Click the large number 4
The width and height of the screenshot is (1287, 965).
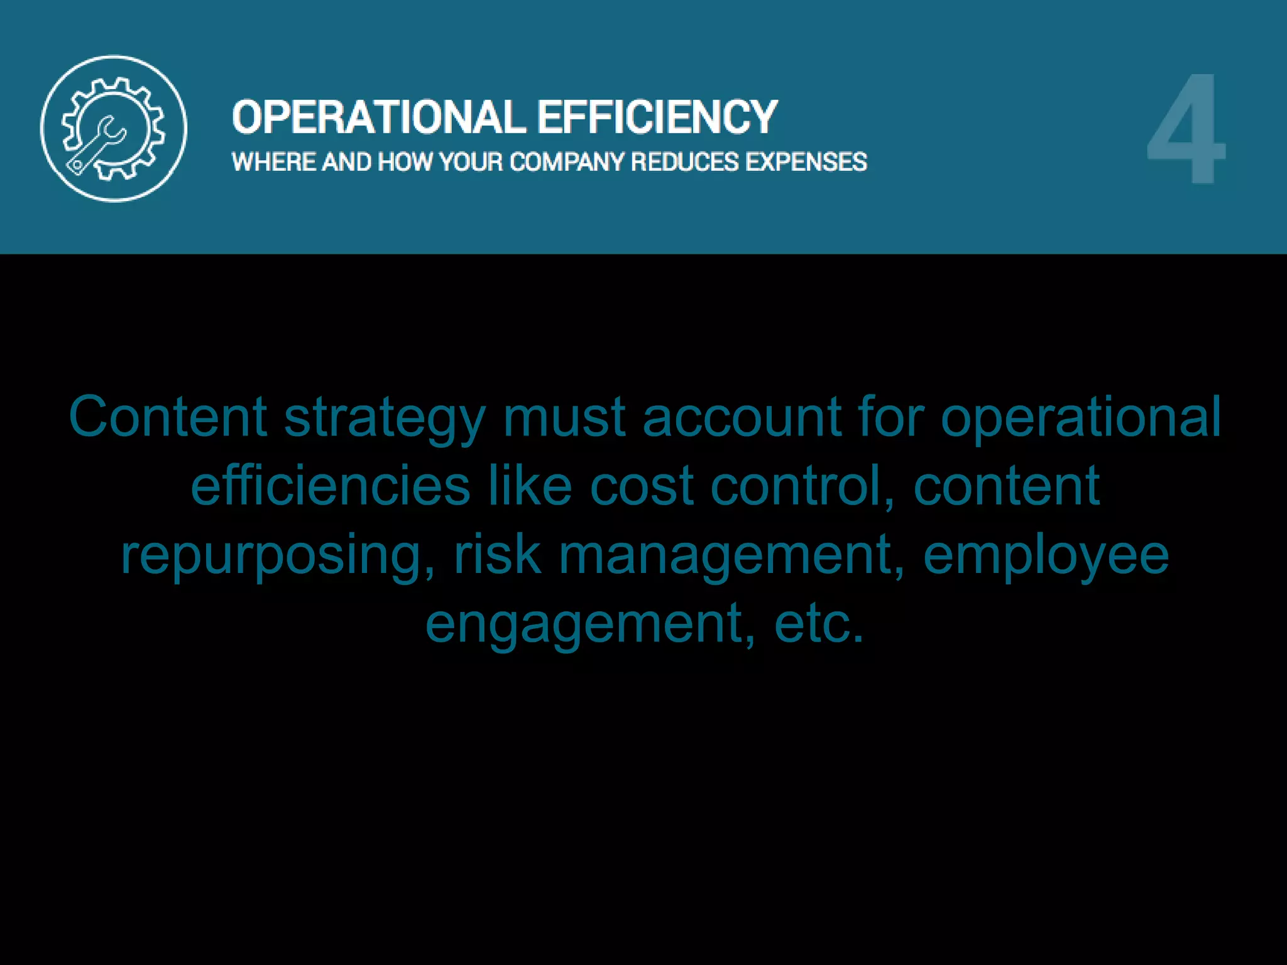1186,129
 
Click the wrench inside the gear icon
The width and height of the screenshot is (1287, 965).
98,144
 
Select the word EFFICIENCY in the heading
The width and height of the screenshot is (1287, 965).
657,117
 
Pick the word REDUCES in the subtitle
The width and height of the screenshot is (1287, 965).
685,162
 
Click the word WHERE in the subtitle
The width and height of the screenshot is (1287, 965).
274,162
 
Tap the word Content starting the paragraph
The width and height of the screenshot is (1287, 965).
168,417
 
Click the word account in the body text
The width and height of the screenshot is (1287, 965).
742,417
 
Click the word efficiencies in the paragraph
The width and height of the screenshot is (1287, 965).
331,486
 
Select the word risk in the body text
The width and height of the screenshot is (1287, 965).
497,554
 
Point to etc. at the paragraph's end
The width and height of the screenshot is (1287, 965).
819,623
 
